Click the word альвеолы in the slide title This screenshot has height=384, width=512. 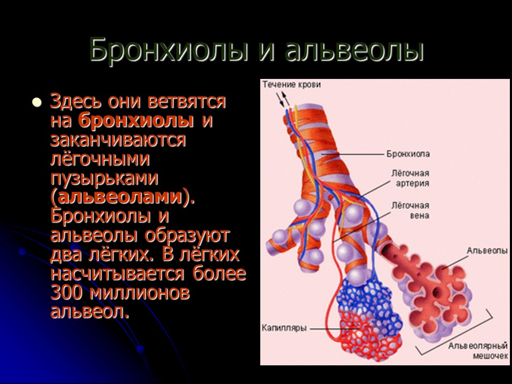355,51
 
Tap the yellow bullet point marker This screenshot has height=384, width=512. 36,102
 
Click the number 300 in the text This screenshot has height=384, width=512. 67,292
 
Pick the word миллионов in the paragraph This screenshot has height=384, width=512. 140,292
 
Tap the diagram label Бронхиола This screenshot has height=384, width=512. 408,154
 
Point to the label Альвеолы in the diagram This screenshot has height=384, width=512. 486,250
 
